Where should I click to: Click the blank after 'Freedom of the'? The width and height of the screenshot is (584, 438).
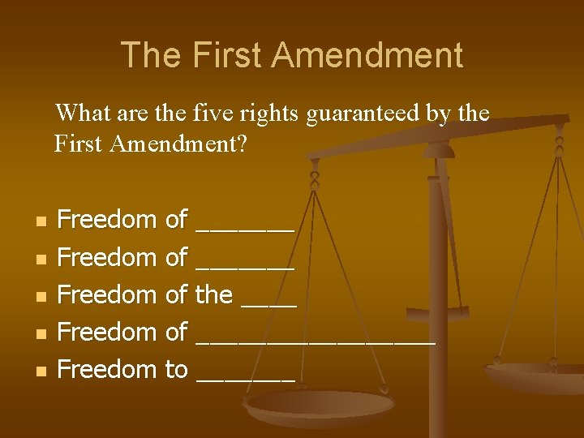tap(269, 303)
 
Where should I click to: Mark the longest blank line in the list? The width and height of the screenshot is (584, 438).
tap(316, 341)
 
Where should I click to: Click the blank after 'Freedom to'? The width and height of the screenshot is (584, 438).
tap(245, 379)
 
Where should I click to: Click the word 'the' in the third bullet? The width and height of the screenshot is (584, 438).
tap(214, 294)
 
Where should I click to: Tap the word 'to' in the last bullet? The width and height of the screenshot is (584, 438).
tap(176, 370)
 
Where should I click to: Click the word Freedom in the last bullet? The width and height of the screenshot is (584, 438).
tap(107, 370)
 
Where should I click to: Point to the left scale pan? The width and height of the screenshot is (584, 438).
tap(320, 406)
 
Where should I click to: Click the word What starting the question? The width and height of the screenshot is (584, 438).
tap(78, 113)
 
